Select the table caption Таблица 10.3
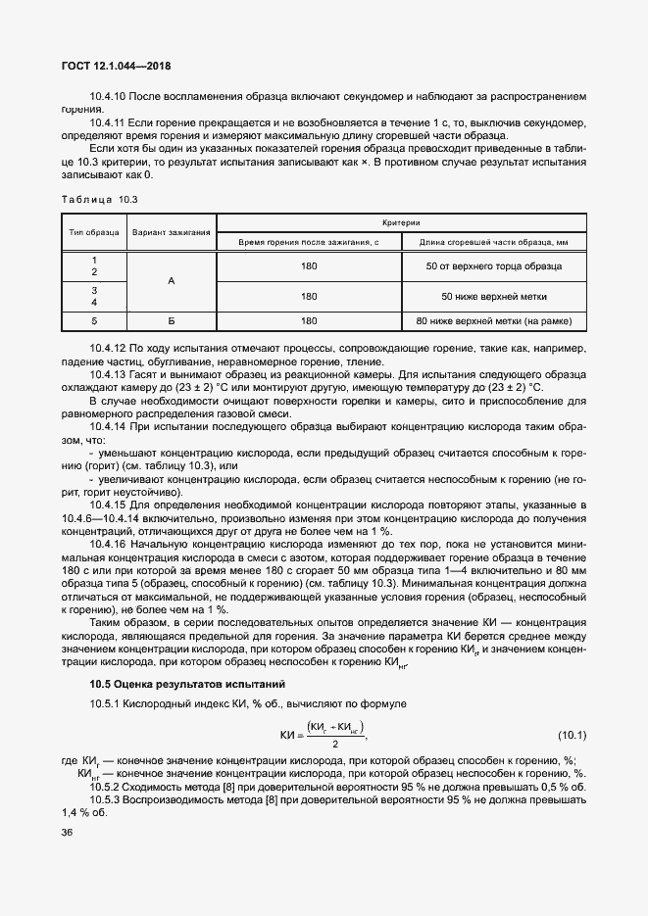pos(99,199)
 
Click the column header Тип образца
pos(94,232)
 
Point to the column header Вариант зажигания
pos(172,232)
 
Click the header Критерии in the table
pos(401,222)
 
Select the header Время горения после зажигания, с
pos(309,241)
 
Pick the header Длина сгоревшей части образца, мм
pos(493,241)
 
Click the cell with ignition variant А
pos(172,280)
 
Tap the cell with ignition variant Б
pos(172,320)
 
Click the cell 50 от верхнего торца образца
pos(493,266)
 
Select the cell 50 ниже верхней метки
pos(493,295)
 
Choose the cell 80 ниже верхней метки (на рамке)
pos(493,320)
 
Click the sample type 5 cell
pos(94,320)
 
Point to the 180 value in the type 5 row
pos(309,320)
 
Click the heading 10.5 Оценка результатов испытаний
pos(174,682)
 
